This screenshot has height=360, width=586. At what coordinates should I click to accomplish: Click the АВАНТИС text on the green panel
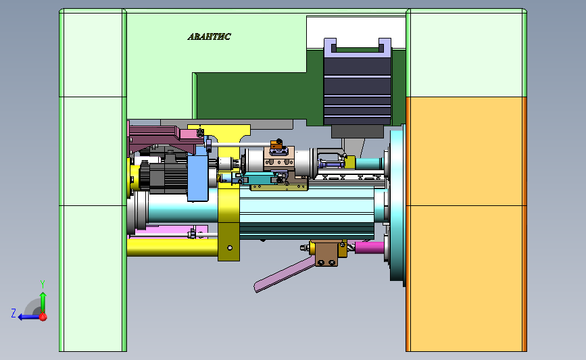(209, 36)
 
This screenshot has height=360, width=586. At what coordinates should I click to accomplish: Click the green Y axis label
(43, 284)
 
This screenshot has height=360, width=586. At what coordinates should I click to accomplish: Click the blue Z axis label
(14, 313)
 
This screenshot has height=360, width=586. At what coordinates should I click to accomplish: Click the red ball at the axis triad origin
(43, 317)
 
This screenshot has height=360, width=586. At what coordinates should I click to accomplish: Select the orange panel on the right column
(466, 224)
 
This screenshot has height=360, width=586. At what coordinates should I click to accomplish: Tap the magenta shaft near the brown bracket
(369, 248)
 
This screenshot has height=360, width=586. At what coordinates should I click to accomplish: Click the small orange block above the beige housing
(276, 145)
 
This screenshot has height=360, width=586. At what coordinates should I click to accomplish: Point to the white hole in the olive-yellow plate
(230, 248)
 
